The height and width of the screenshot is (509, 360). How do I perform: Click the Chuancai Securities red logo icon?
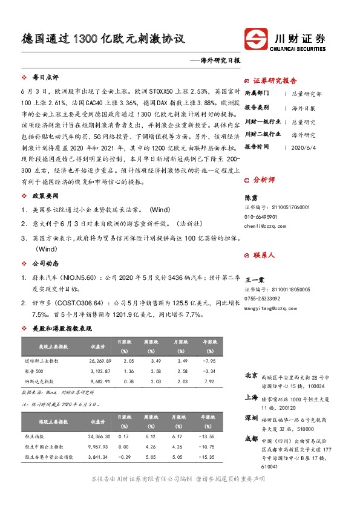pyautogui.click(x=255, y=40)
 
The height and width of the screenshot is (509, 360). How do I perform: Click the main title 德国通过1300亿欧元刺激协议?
pyautogui.click(x=100, y=39)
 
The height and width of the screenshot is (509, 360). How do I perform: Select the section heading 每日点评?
pyautogui.click(x=45, y=77)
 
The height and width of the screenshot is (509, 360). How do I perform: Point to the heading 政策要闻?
pyautogui.click(x=45, y=196)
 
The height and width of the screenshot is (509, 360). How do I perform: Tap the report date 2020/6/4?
pyautogui.click(x=304, y=146)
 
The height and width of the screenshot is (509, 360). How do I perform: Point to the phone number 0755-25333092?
pyautogui.click(x=262, y=299)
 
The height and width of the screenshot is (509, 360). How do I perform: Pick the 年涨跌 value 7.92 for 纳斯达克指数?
pyautogui.click(x=209, y=381)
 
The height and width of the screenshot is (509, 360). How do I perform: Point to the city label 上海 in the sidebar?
pyautogui.click(x=250, y=397)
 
